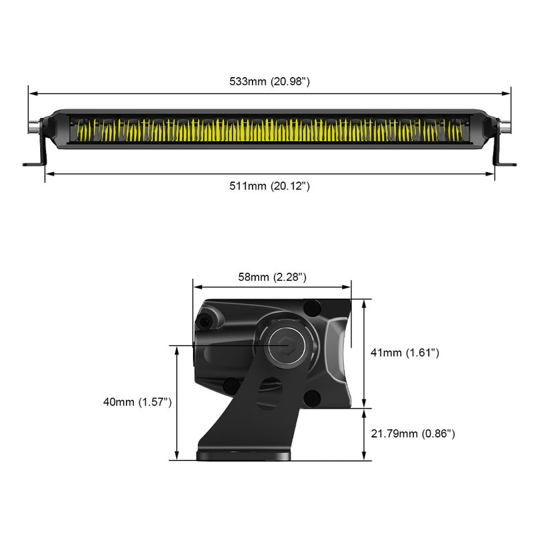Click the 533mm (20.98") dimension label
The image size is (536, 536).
tap(269, 82)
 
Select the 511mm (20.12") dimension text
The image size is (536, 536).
tap(269, 186)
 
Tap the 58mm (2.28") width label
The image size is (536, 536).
tap(272, 277)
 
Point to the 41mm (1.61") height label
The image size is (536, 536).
tap(405, 352)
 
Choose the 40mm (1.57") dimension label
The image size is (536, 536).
tap(138, 402)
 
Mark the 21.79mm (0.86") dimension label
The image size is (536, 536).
tap(413, 434)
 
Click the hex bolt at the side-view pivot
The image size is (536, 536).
tap(285, 344)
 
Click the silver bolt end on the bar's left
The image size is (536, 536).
tap(32, 125)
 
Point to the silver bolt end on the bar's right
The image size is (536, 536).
tap(507, 125)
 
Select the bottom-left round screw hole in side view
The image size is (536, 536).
tap(230, 385)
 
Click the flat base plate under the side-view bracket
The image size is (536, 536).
tap(245, 456)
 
